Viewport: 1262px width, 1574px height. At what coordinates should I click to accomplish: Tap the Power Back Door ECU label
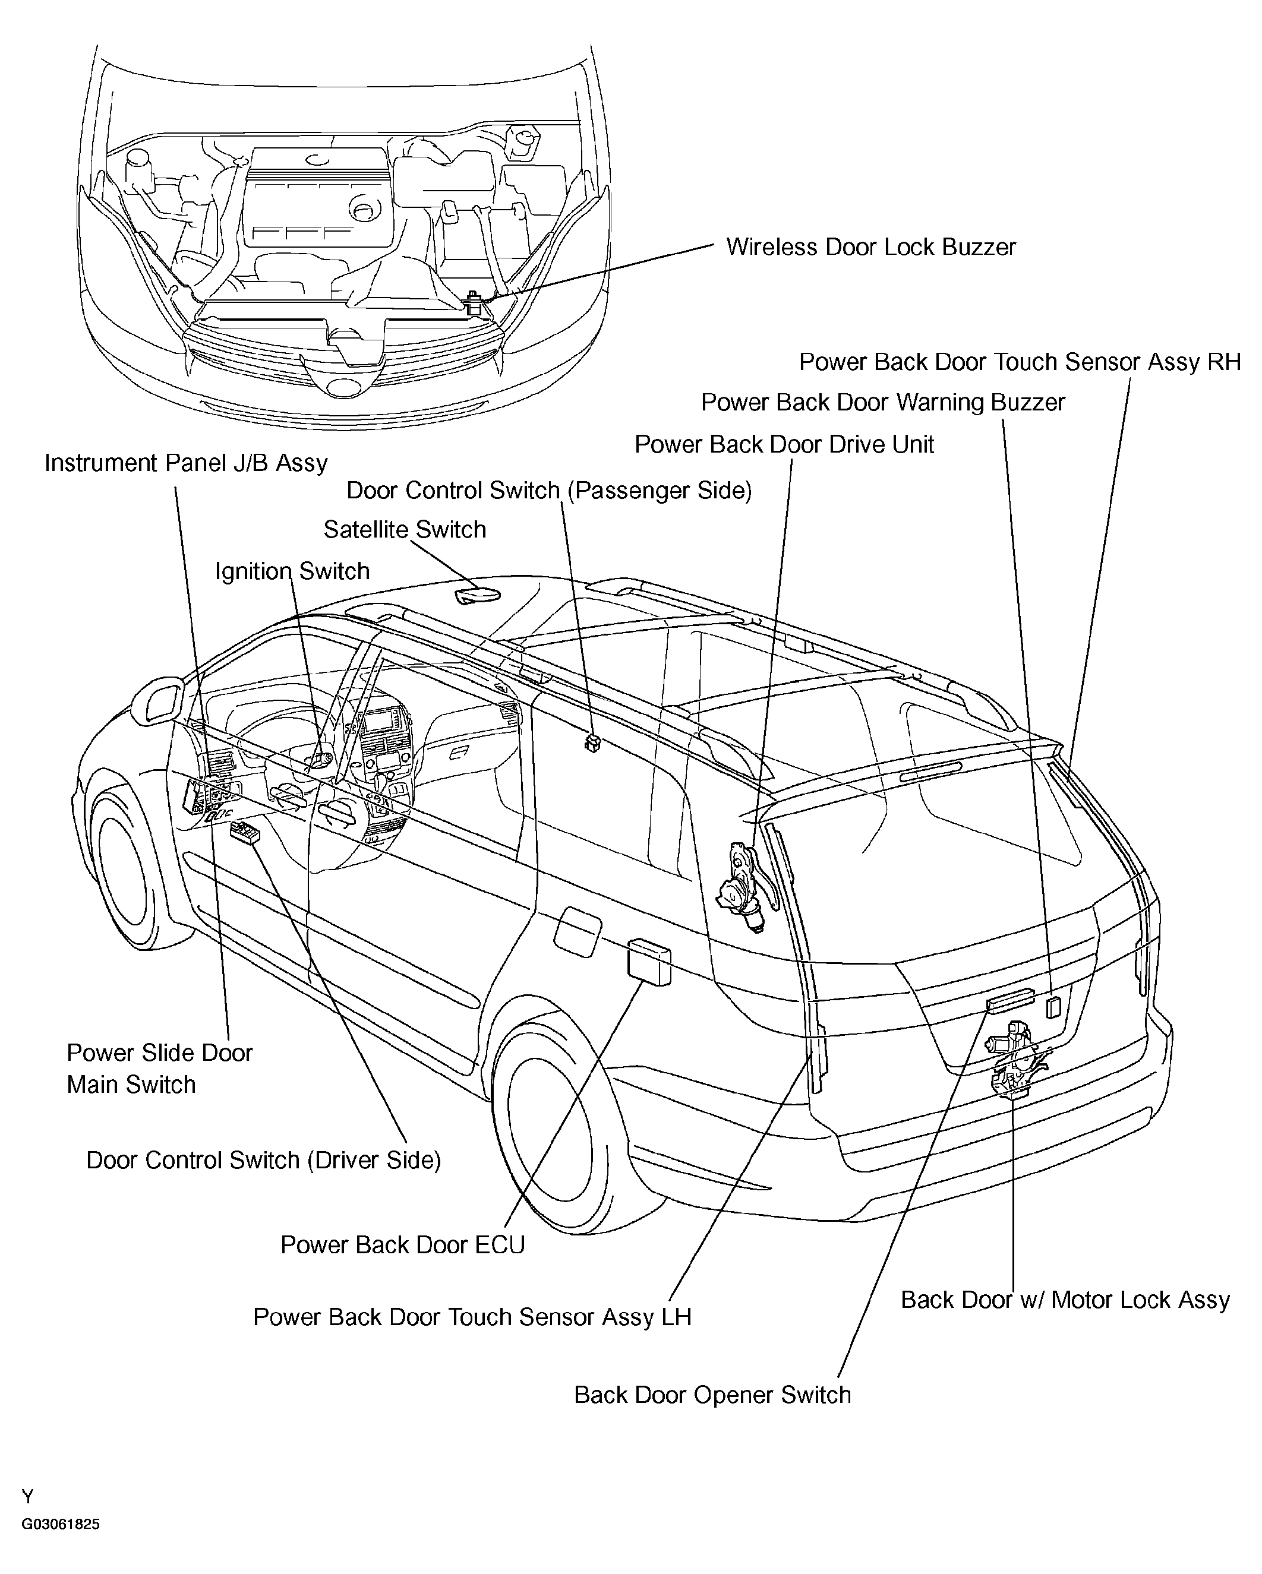[402, 1245]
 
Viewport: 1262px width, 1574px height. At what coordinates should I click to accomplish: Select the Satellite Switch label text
[405, 529]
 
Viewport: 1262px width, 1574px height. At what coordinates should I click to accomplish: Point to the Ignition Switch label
[292, 571]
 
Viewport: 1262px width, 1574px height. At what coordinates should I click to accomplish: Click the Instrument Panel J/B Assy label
[185, 463]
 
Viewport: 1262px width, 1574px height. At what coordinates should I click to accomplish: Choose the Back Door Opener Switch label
[712, 1395]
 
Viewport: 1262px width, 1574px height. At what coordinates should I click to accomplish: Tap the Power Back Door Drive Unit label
[784, 445]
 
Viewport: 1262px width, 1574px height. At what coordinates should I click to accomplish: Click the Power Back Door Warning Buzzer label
[882, 402]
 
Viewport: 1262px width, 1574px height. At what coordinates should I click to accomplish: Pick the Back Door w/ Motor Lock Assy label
[1065, 1300]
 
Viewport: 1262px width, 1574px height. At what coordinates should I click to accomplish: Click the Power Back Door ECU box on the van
[649, 962]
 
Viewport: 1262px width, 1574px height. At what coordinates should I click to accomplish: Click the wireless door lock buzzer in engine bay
[473, 302]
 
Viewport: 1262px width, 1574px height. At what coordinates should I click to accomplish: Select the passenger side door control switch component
[592, 743]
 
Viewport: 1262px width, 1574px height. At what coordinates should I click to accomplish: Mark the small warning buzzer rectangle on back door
[1053, 1007]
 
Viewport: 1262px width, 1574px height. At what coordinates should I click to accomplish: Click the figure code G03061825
[60, 1524]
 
